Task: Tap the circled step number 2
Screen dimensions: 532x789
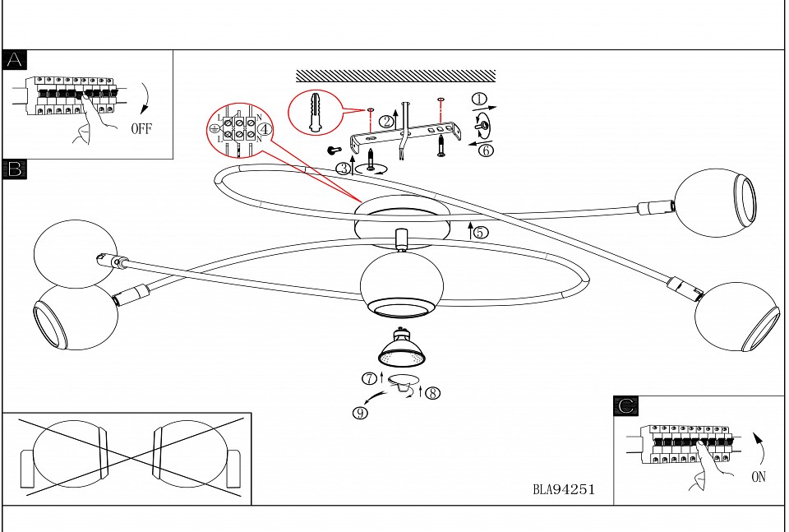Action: tap(385, 122)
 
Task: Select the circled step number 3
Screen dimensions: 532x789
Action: tap(344, 169)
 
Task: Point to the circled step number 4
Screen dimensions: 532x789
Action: tap(264, 129)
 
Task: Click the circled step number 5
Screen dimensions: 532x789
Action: tap(481, 233)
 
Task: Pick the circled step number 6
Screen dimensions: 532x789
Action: tap(486, 150)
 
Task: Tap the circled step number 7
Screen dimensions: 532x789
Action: tap(370, 379)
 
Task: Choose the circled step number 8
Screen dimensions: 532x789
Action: tap(433, 393)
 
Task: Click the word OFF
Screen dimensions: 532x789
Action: tap(141, 128)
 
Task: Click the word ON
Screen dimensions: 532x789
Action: tap(759, 477)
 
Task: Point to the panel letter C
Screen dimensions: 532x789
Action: tap(626, 405)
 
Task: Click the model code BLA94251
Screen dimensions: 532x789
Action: tap(563, 490)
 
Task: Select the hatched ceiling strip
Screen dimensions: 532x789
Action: tap(395, 76)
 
